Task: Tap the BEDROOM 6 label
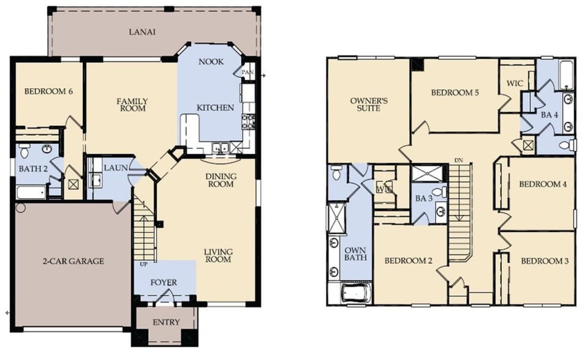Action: pos(48,92)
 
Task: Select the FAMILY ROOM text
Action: pos(133,105)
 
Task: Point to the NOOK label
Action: pos(211,62)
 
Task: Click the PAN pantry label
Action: pos(247,72)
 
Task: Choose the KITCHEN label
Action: pos(215,108)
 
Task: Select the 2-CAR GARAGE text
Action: pos(74,261)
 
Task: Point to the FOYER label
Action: pos(164,282)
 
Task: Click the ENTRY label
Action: pos(166,322)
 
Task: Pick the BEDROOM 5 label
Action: pos(454,93)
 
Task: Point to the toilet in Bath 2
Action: pos(24,151)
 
